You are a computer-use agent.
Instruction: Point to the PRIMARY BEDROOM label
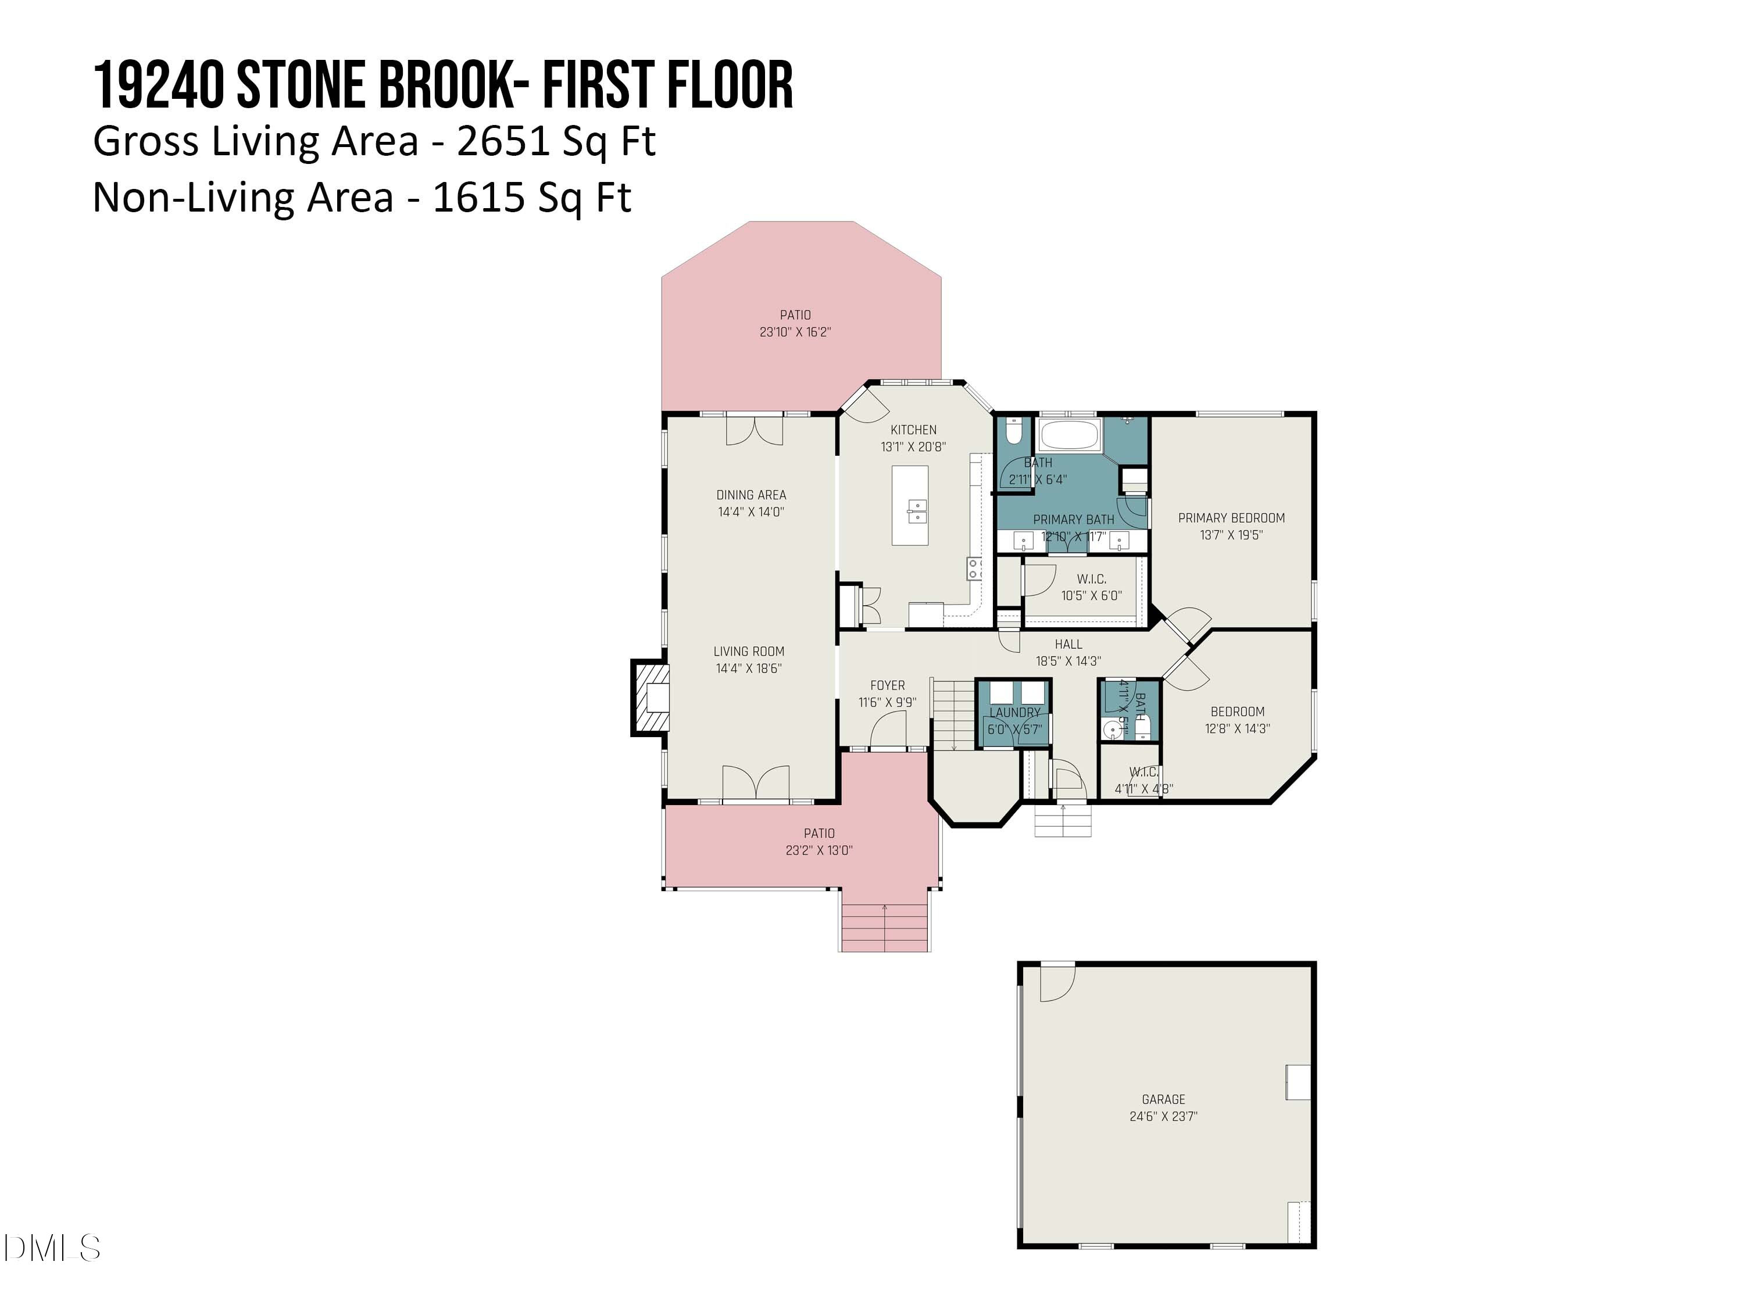pos(1231,518)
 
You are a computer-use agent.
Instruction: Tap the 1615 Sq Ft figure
pos(531,197)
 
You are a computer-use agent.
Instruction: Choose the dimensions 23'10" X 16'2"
pos(795,333)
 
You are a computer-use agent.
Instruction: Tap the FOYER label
pos(887,686)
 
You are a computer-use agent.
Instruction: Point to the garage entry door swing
pos(1056,983)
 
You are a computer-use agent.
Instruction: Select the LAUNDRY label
pos(1014,713)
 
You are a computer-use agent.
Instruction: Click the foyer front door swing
pos(888,730)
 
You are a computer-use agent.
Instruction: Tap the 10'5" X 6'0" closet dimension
pos(1091,596)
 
